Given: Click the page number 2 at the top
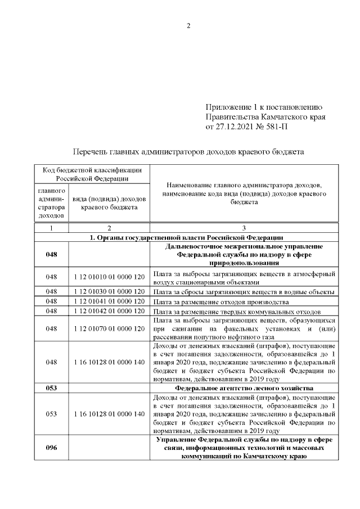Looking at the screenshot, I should (188, 26).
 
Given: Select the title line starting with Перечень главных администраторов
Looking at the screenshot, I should (189, 151).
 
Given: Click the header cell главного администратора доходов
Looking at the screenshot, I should (51, 203).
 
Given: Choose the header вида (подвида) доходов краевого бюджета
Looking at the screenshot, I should (109, 203).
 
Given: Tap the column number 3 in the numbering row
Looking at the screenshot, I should (244, 228).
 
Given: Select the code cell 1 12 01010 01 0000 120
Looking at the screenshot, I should (109, 277).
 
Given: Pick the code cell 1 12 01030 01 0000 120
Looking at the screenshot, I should (109, 292).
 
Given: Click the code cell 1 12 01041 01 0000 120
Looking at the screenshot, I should (109, 301).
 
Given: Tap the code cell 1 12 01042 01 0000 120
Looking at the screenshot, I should (109, 311).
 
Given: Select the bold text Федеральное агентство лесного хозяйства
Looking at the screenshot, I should (244, 388).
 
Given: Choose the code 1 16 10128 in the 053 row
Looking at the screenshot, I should (109, 414).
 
